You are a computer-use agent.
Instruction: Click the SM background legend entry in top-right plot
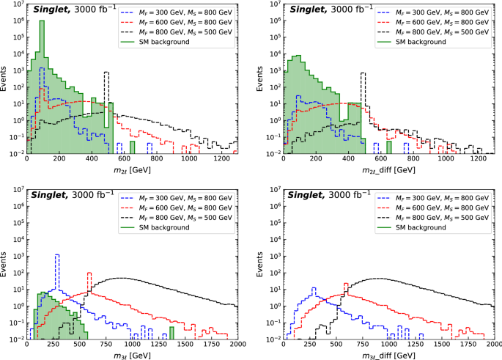tap(427, 41)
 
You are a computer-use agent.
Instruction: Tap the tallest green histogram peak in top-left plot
tap(42, 23)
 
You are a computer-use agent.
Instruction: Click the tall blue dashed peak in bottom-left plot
tap(57, 256)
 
